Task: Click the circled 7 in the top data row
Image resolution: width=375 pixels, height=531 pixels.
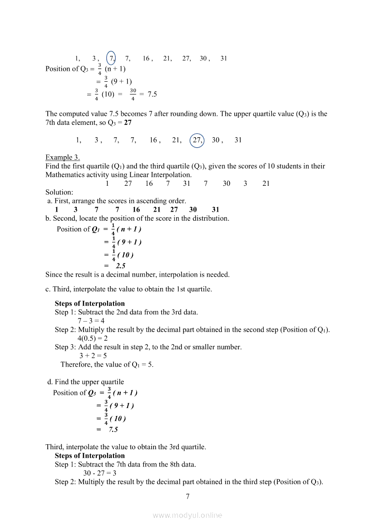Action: [x=111, y=58]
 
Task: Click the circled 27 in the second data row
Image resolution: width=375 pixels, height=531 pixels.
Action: [x=197, y=140]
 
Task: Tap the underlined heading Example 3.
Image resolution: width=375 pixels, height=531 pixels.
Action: [x=63, y=158]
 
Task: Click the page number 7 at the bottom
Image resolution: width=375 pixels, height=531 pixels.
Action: [x=187, y=496]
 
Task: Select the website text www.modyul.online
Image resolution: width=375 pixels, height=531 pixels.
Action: [x=187, y=515]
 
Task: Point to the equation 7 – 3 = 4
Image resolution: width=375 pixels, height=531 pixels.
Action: [x=91, y=321]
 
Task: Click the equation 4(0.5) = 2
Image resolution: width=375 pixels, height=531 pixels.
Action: [x=92, y=338]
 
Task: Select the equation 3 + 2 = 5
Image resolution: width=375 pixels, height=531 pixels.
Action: [x=93, y=356]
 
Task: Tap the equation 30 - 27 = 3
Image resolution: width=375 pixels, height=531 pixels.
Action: [x=100, y=473]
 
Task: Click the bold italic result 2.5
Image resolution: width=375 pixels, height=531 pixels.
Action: [x=120, y=266]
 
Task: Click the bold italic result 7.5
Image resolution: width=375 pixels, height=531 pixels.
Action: [x=113, y=429]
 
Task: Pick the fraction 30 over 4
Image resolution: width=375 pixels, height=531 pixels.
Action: [x=133, y=94]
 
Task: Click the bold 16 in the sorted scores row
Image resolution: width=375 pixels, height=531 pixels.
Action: [x=136, y=209]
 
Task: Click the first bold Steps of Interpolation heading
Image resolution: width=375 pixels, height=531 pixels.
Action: [x=89, y=303]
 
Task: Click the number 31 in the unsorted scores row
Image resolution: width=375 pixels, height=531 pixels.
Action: [x=187, y=184]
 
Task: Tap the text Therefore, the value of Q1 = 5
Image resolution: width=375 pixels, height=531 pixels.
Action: [x=107, y=364]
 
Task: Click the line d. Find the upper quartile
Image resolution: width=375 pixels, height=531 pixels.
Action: [x=86, y=382]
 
